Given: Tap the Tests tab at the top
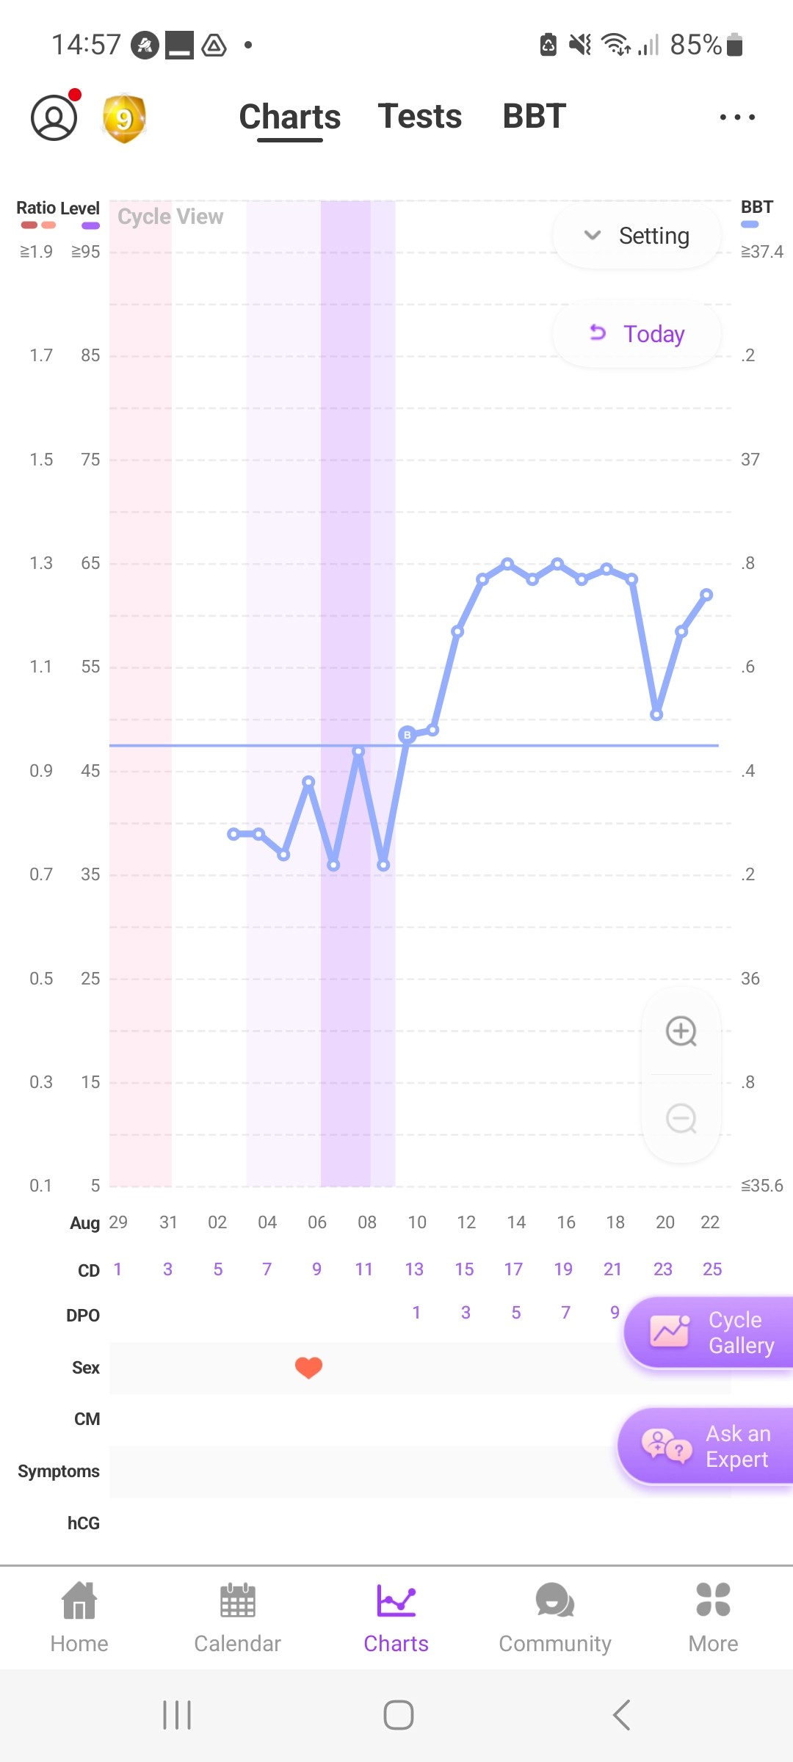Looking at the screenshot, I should [419, 116].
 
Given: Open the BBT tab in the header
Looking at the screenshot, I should [534, 116].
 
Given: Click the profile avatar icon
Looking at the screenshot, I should [54, 117].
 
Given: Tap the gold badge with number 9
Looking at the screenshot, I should [124, 118].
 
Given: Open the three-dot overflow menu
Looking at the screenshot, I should [737, 117].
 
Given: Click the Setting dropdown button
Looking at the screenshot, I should [637, 236].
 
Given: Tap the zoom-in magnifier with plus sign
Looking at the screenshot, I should [681, 1032].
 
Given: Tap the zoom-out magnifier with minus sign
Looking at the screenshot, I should [681, 1119].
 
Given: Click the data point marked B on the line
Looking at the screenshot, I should [408, 734].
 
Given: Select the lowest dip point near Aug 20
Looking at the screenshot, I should [656, 714].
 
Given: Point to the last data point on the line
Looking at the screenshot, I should [706, 595].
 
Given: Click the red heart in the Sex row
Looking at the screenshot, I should [308, 1367].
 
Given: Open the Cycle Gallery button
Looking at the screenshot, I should [709, 1333].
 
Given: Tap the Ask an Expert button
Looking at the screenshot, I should [706, 1446].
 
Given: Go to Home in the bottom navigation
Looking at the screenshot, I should [79, 1619].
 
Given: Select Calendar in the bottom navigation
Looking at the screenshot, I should [237, 1619].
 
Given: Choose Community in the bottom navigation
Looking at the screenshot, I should [554, 1619].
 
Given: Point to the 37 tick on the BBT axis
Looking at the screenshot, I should [750, 460].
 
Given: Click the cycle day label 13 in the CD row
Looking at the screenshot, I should [414, 1269].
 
